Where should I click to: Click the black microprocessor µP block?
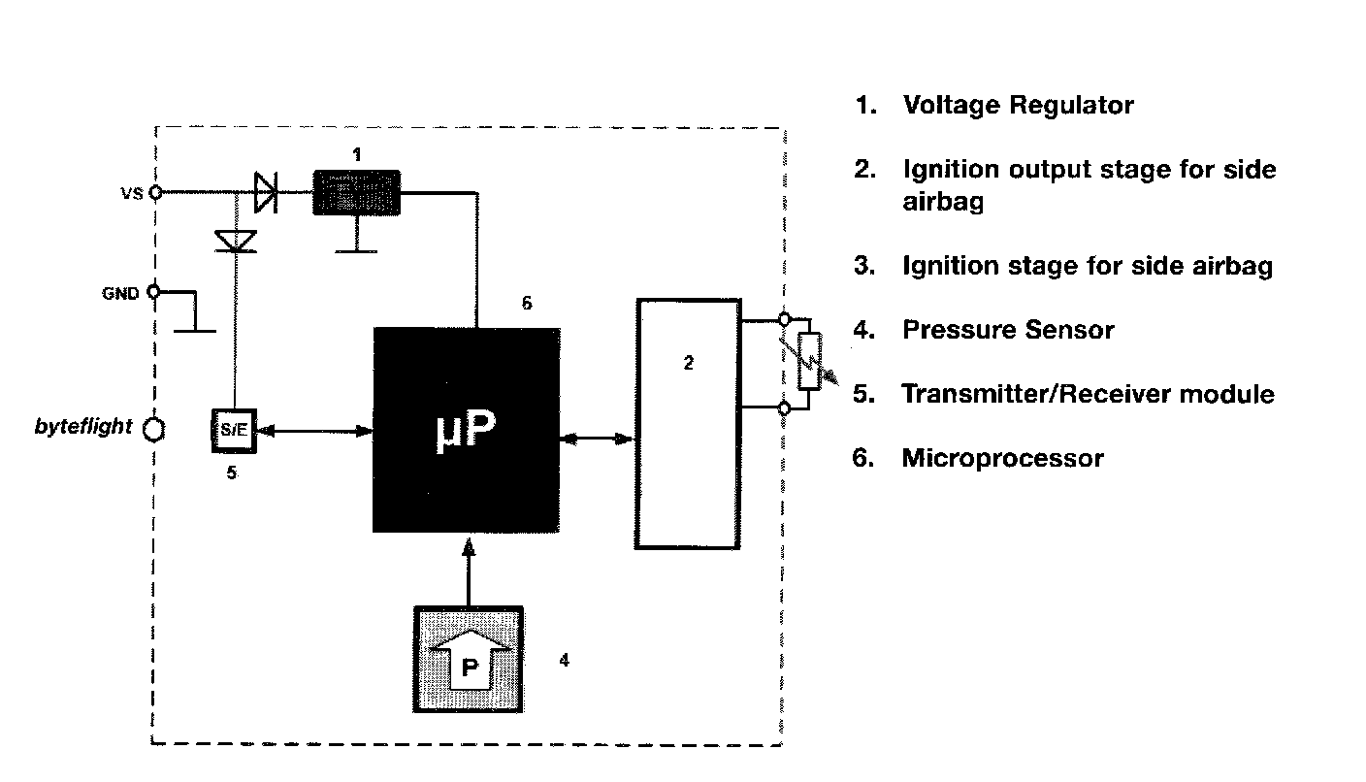coord(466,429)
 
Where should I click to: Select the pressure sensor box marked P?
coord(469,660)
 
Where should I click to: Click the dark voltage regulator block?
coord(357,192)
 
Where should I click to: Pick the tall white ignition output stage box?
coord(688,424)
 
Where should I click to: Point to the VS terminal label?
coord(131,193)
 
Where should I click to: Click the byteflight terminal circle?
coord(153,428)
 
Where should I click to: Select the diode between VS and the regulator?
coord(265,192)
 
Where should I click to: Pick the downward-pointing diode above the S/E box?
coord(234,240)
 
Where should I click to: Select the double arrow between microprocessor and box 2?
coord(597,440)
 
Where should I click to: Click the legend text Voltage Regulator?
coord(1018,105)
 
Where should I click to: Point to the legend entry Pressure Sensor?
coord(1008,330)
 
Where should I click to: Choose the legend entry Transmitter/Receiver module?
coord(1088,394)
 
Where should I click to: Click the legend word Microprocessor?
coord(1002,458)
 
